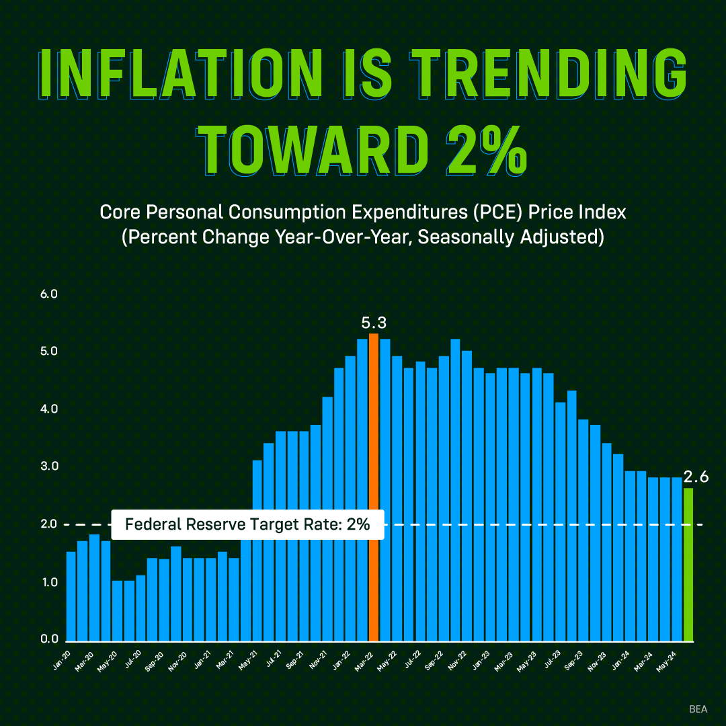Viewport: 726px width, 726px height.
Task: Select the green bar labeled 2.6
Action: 688,565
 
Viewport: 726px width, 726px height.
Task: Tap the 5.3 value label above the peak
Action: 374,323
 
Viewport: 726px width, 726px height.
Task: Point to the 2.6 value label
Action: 696,478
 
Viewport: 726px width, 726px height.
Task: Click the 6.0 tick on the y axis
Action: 50,294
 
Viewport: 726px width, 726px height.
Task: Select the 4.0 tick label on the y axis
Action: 50,409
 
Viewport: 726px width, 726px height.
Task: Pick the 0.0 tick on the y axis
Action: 50,639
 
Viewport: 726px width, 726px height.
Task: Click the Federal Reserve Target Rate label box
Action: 247,524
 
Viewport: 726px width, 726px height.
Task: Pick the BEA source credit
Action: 698,709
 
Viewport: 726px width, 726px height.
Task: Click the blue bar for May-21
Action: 257,551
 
